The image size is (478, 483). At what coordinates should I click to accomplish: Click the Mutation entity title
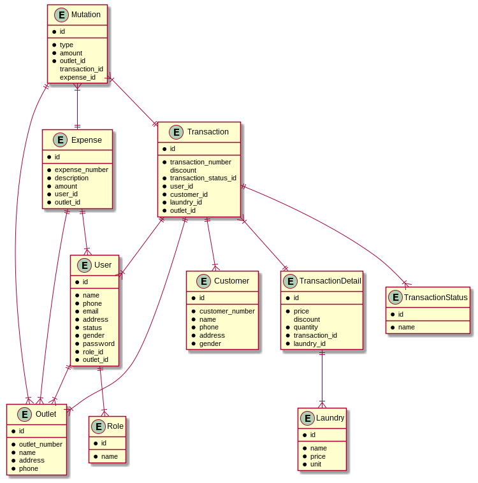coord(85,15)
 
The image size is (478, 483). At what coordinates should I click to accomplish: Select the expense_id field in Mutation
coord(77,77)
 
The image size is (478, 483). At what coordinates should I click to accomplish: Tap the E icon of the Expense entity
coord(61,140)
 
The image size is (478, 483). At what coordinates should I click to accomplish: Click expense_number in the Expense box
coord(81,169)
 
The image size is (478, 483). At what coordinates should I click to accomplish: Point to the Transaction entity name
coord(208,132)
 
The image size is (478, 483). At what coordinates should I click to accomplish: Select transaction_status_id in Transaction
coord(203,178)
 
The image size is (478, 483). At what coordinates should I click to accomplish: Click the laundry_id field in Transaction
coord(185,202)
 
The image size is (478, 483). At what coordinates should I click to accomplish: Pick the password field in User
coord(98,343)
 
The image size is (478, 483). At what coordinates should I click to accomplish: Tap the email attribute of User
coord(91,312)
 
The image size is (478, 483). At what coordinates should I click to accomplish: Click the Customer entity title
coord(231,281)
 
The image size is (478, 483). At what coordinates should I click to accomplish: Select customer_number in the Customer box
coord(227,311)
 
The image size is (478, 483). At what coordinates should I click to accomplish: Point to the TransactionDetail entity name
coord(330,281)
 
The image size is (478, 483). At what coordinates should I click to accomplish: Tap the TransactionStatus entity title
coord(435,297)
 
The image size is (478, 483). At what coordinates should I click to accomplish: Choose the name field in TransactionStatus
coord(406,327)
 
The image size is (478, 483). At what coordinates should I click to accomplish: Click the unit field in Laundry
coord(315,464)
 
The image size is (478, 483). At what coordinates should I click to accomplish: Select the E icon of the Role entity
coord(98,426)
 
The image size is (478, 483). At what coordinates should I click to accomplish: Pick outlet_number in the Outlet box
coord(40,444)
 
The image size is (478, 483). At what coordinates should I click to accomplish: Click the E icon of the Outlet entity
coord(25,414)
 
